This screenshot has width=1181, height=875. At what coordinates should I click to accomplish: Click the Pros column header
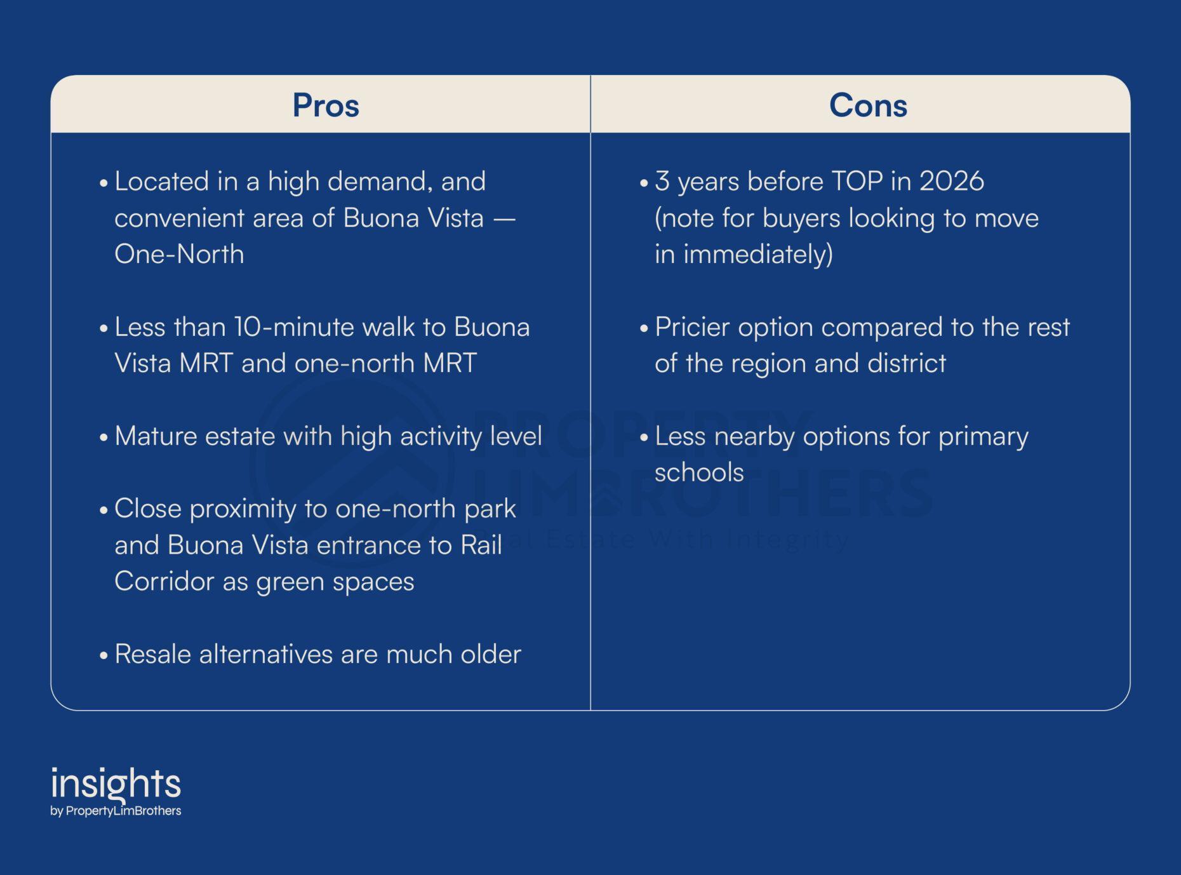click(326, 105)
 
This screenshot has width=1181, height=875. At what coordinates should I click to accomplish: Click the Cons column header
click(868, 105)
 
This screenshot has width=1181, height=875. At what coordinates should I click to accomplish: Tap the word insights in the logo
click(116, 784)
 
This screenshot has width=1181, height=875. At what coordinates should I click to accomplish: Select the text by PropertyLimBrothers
click(116, 811)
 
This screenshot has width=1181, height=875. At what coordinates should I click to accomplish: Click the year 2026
click(952, 182)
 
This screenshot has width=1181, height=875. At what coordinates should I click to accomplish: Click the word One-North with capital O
click(179, 254)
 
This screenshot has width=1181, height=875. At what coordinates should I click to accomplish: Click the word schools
click(699, 472)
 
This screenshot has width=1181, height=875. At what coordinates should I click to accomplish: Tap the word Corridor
click(164, 582)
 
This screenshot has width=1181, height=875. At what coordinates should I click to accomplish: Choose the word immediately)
click(758, 255)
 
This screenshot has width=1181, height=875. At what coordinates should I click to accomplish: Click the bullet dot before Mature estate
click(104, 438)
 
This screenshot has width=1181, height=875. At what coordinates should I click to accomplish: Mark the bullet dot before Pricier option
click(644, 329)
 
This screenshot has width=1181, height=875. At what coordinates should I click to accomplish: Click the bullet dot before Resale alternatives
click(104, 656)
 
